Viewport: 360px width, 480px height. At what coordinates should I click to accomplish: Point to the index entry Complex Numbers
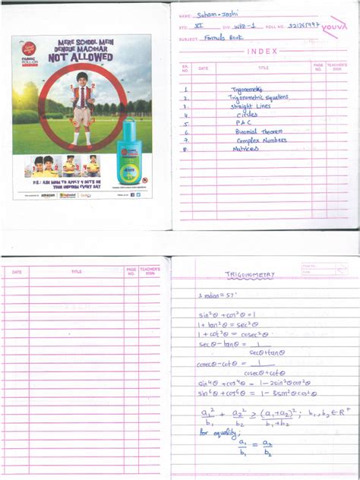click(259, 141)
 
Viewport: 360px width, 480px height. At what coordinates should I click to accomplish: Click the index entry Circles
click(247, 115)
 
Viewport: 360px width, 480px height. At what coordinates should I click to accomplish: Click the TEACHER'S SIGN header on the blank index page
click(150, 270)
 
